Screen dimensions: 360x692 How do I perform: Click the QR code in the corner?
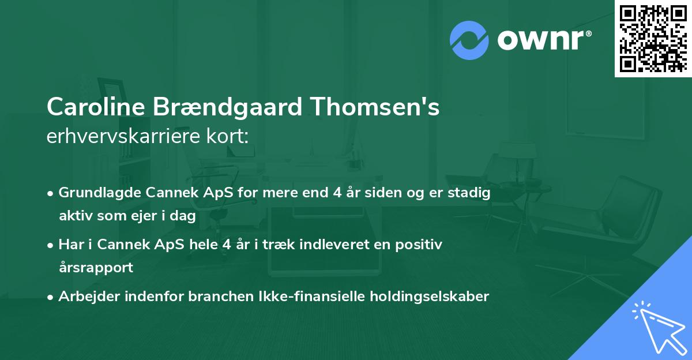(652, 38)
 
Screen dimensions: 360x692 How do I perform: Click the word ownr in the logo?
(544, 39)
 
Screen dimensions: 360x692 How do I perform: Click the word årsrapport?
(96, 268)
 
